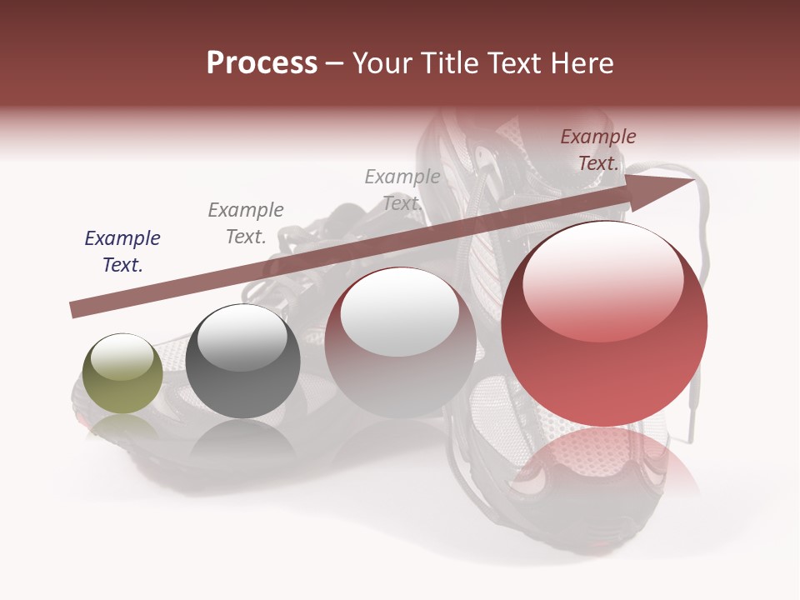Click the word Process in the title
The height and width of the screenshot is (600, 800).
[x=262, y=63]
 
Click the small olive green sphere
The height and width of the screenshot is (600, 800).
[x=122, y=374]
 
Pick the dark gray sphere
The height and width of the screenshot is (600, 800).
[x=242, y=361]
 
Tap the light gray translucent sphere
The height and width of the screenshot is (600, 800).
[x=400, y=342]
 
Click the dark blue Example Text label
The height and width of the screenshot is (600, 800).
[x=122, y=252]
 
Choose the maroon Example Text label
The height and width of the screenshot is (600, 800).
[x=597, y=150]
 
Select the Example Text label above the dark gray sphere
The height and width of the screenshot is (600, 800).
[x=246, y=223]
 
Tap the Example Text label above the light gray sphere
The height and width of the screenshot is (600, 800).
[x=402, y=190]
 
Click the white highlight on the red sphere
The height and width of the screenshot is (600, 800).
[x=602, y=282]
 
